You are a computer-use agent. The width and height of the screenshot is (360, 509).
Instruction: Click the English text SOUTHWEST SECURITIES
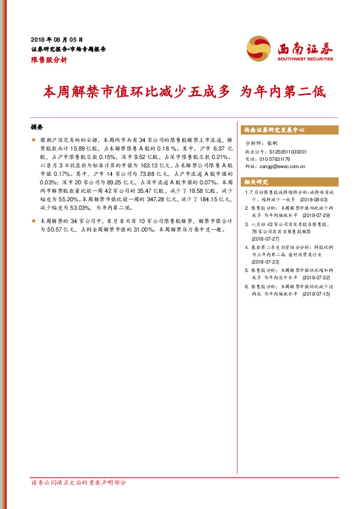tap(304, 59)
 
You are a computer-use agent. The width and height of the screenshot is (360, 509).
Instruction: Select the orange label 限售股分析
tap(48, 60)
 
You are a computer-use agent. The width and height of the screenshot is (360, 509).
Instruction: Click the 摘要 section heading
tap(37, 128)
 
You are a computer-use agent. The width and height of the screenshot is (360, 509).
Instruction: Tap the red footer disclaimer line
tap(79, 483)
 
